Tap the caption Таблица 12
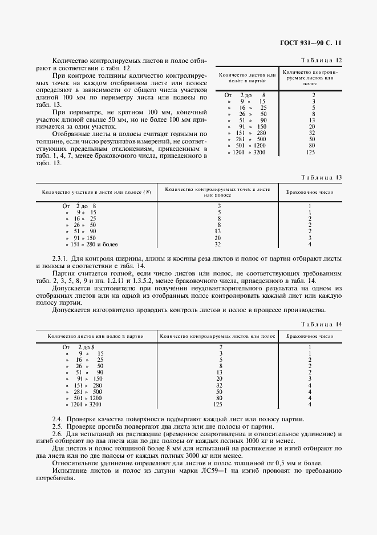tap(323, 60)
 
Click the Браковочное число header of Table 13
tap(310, 193)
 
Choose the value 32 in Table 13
tap(218, 244)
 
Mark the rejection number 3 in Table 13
tap(310, 238)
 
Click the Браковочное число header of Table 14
tap(310, 336)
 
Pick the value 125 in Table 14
tap(220, 404)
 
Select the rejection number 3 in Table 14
tap(310, 378)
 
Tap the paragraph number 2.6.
tap(57, 434)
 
